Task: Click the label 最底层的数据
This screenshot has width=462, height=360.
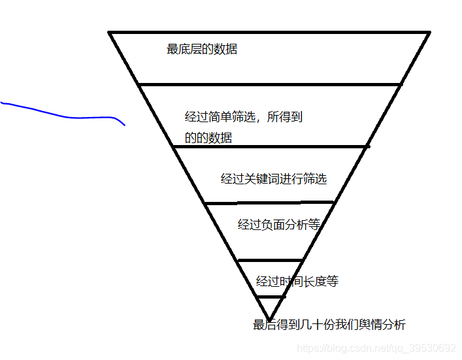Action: point(202,49)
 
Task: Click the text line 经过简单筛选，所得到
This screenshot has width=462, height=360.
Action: point(244,118)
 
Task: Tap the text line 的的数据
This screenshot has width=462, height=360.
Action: point(208,138)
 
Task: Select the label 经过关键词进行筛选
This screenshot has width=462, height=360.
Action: point(273,179)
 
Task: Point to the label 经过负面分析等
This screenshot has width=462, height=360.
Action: point(279,225)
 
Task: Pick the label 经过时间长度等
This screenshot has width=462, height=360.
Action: point(297,282)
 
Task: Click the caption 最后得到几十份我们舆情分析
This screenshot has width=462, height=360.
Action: point(329,325)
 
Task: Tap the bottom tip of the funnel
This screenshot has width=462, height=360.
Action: point(270,319)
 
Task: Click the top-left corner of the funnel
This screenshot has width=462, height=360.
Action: point(110,32)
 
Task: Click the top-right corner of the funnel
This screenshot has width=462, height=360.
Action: point(429,32)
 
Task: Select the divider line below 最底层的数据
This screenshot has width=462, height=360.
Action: point(269,84)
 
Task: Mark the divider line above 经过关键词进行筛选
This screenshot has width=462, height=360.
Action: point(269,147)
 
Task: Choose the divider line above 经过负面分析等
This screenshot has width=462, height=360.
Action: point(269,203)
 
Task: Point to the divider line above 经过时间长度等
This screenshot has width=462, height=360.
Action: point(270,260)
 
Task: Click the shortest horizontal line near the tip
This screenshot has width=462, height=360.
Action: point(270,297)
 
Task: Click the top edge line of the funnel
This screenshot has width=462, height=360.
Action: point(269,32)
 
